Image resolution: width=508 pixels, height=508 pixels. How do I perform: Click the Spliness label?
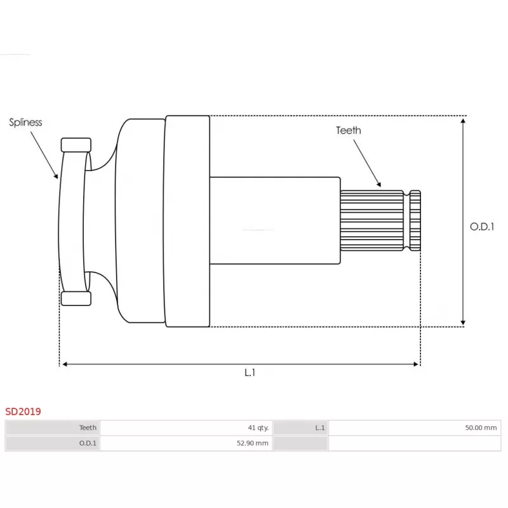(25, 122)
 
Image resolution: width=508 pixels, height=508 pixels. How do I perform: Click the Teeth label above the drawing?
(348, 130)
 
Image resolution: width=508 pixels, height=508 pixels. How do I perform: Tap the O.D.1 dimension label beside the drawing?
(482, 227)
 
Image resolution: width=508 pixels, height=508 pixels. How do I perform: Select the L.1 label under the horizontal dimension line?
(250, 373)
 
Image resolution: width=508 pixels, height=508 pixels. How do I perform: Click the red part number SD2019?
(23, 411)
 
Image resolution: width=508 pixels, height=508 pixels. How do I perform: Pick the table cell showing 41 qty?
(258, 427)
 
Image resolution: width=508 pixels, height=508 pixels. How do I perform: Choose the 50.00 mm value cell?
(481, 427)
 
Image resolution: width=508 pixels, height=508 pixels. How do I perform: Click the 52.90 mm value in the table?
(252, 443)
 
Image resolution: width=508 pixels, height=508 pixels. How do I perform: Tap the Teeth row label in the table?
(88, 427)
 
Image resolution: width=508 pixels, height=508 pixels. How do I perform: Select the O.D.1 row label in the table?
(88, 443)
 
